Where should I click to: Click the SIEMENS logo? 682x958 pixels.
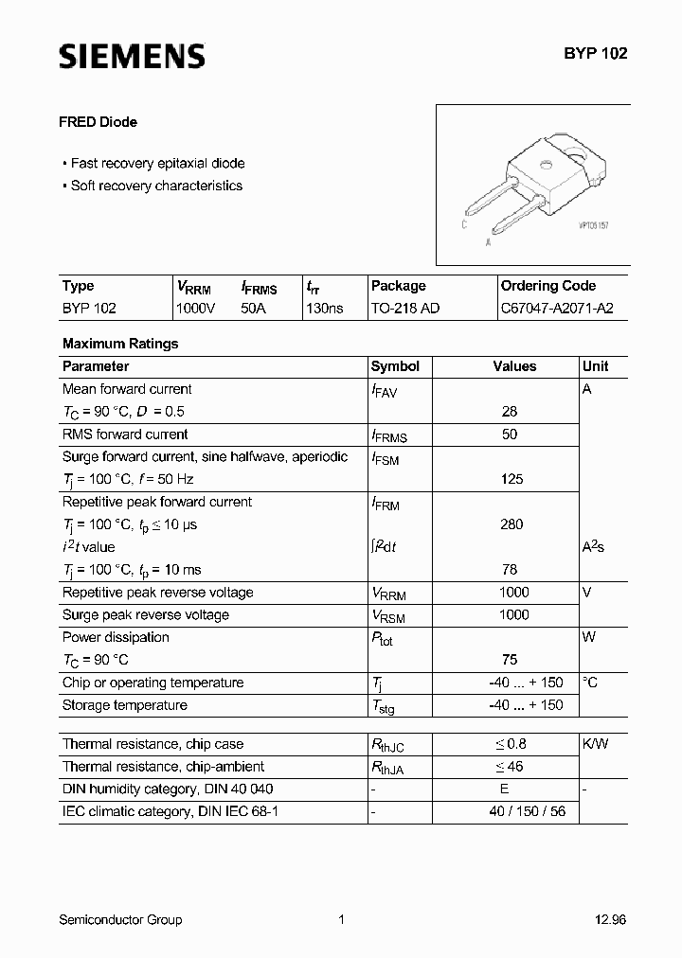tap(132, 56)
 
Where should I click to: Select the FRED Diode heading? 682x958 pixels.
tap(99, 122)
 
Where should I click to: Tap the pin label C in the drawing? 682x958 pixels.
tap(463, 224)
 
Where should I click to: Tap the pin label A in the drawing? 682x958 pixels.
tap(487, 242)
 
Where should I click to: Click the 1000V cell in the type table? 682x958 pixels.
tap(196, 309)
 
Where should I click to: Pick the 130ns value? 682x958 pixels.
tap(324, 309)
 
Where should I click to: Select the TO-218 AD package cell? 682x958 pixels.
tap(404, 309)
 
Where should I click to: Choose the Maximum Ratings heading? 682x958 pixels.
tap(120, 344)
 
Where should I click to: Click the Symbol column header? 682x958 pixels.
tap(395, 366)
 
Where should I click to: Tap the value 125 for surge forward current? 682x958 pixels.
tap(511, 479)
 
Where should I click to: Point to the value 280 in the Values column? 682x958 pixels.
tap(511, 524)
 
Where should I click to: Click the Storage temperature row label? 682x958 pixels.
tap(124, 705)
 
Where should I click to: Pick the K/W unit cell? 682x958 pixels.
tap(595, 744)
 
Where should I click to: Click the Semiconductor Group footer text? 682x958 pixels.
tap(120, 919)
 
